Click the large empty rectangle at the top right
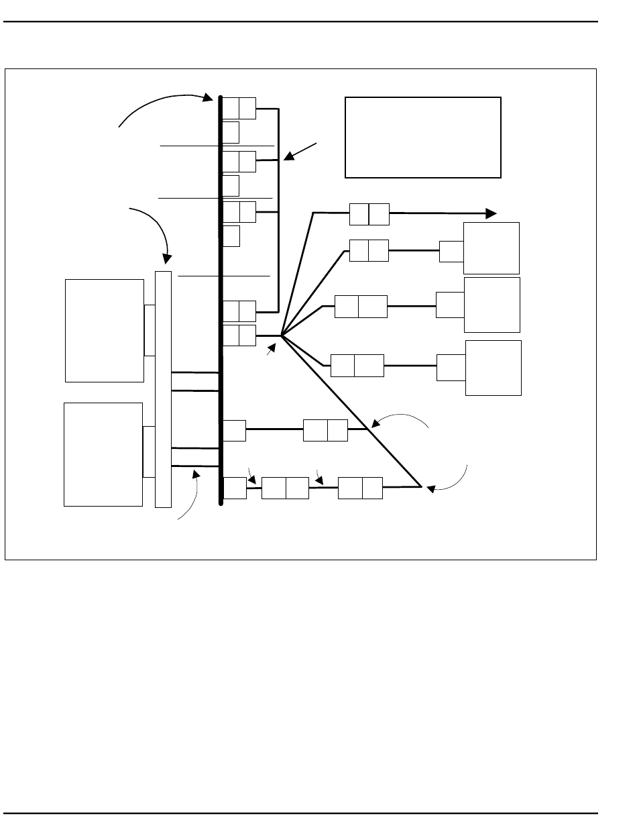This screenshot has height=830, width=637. [423, 137]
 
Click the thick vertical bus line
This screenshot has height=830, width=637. [220, 302]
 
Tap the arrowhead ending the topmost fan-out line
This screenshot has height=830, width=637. [491, 213]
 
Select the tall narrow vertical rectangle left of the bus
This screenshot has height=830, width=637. [163, 389]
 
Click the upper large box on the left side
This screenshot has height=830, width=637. [105, 330]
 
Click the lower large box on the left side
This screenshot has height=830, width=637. [103, 454]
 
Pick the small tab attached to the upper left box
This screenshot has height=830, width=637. [150, 330]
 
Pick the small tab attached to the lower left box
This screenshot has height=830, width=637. [148, 452]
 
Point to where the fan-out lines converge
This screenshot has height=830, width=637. [282, 335]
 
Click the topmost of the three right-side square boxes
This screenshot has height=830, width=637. [491, 248]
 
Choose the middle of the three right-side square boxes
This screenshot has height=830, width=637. [492, 305]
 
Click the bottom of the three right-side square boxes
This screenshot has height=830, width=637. [494, 368]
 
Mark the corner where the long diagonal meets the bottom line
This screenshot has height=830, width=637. [420, 486]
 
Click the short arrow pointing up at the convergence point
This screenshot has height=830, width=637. [271, 348]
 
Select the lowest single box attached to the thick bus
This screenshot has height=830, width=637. [235, 488]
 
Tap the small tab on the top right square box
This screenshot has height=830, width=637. [451, 251]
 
